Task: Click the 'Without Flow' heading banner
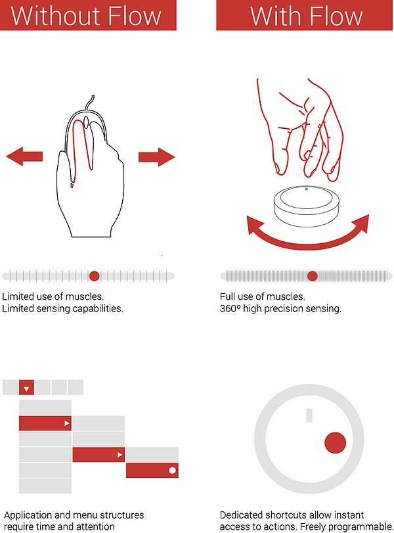[88, 15]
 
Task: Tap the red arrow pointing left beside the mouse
[24, 156]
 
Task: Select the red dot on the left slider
[94, 276]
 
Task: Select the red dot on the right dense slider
[313, 276]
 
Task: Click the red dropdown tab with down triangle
[27, 388]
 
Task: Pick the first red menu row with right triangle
[45, 423]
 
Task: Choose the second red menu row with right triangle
[98, 454]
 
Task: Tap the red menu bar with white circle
[152, 470]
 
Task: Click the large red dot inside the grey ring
[336, 442]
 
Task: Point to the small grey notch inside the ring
[307, 414]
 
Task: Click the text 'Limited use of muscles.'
[53, 296]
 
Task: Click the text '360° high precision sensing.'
[280, 308]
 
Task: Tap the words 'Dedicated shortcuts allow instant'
[292, 515]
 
